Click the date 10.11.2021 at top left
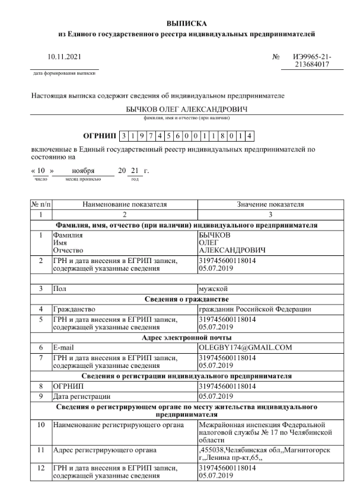click(63, 58)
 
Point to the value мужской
click(214, 289)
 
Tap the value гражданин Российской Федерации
click(256, 309)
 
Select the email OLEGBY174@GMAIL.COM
click(246, 348)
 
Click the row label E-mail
click(65, 348)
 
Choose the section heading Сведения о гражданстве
click(183, 299)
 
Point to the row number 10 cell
click(40, 425)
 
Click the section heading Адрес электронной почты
click(183, 338)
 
